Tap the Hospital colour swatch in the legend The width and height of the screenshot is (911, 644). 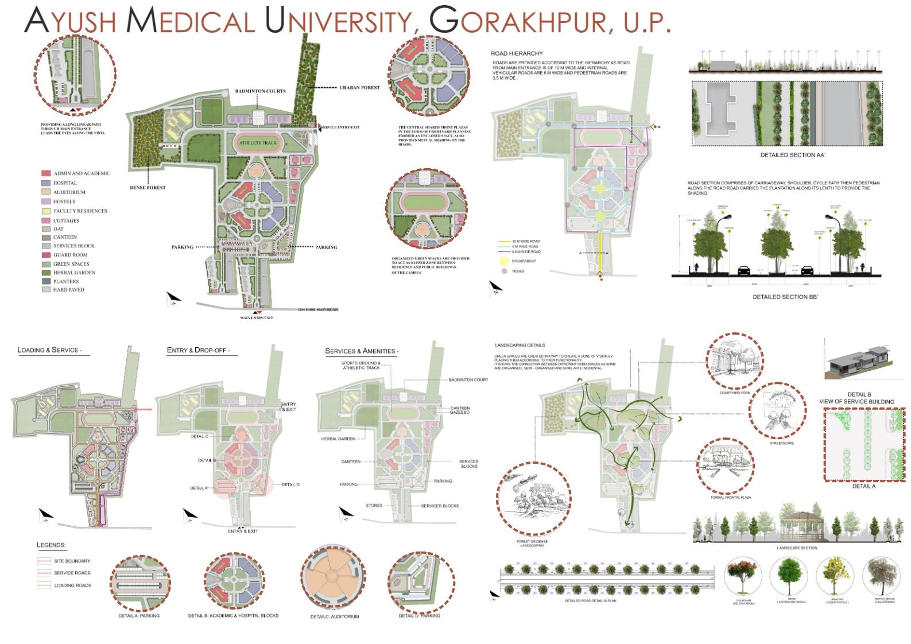45,183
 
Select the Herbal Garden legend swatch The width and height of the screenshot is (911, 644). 45,273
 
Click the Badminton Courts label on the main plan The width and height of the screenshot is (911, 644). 260,91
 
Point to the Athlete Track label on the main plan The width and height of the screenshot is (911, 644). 258,143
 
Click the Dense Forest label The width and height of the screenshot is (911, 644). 148,188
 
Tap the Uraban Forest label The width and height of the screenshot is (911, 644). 359,88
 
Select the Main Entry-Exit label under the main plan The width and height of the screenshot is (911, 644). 256,318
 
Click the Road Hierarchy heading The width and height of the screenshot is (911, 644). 517,53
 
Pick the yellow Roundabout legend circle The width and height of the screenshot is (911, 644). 504,261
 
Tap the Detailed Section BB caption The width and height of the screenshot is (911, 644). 785,297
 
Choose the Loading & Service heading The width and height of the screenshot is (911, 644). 49,350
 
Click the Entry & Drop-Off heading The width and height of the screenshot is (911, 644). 198,350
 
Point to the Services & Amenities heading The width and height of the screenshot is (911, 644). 362,351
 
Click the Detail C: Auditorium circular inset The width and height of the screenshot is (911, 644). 332,579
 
